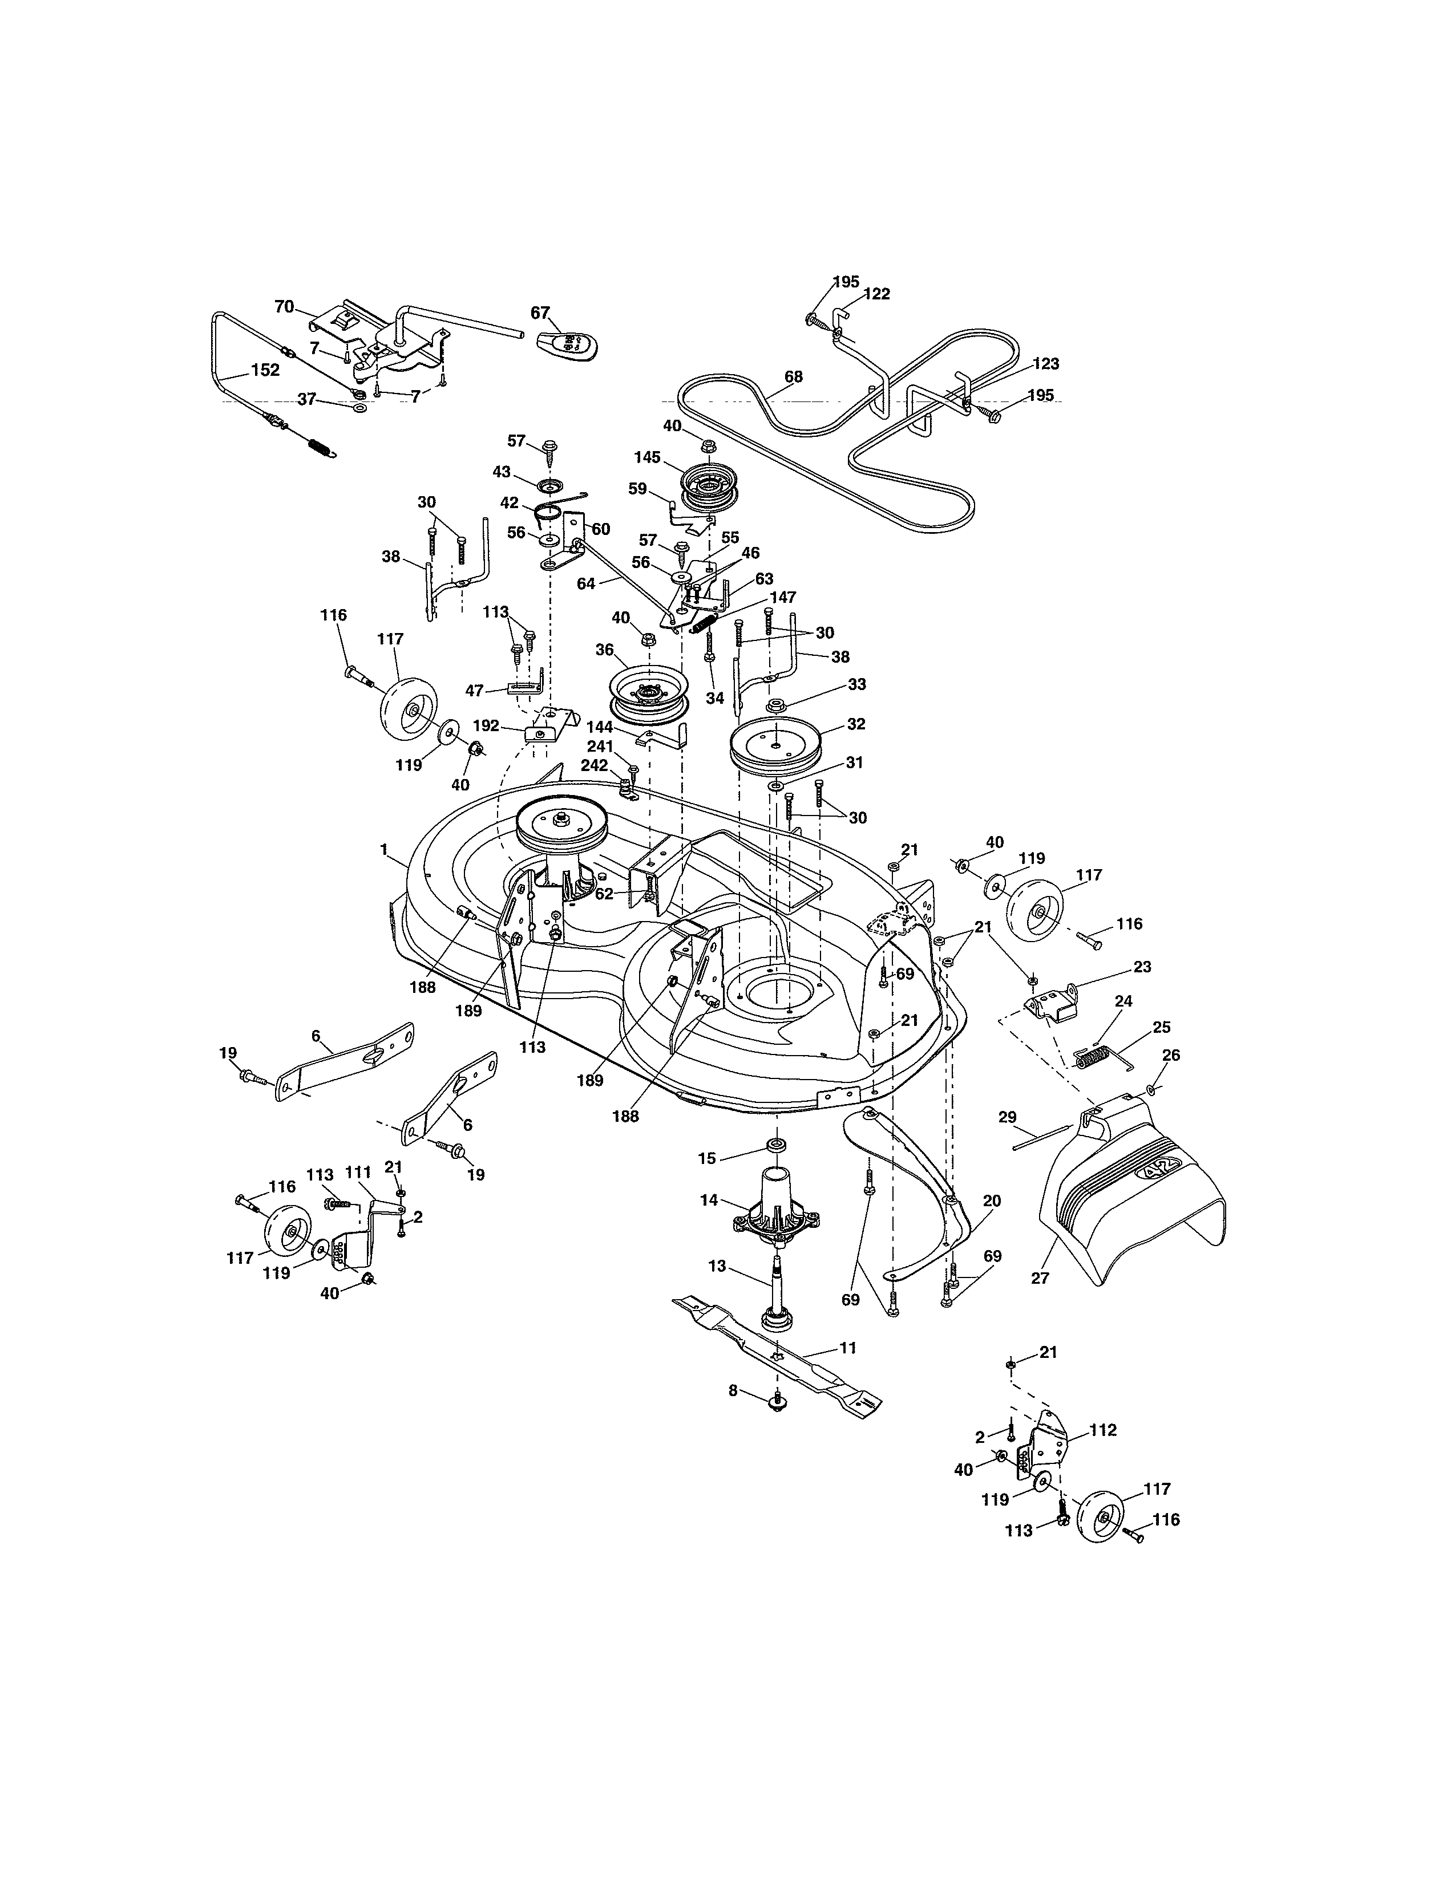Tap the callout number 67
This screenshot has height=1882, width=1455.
tap(540, 313)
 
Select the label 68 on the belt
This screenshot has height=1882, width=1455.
tap(793, 376)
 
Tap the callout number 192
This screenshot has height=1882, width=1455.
tap(486, 725)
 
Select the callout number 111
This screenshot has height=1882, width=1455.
tap(358, 1172)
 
